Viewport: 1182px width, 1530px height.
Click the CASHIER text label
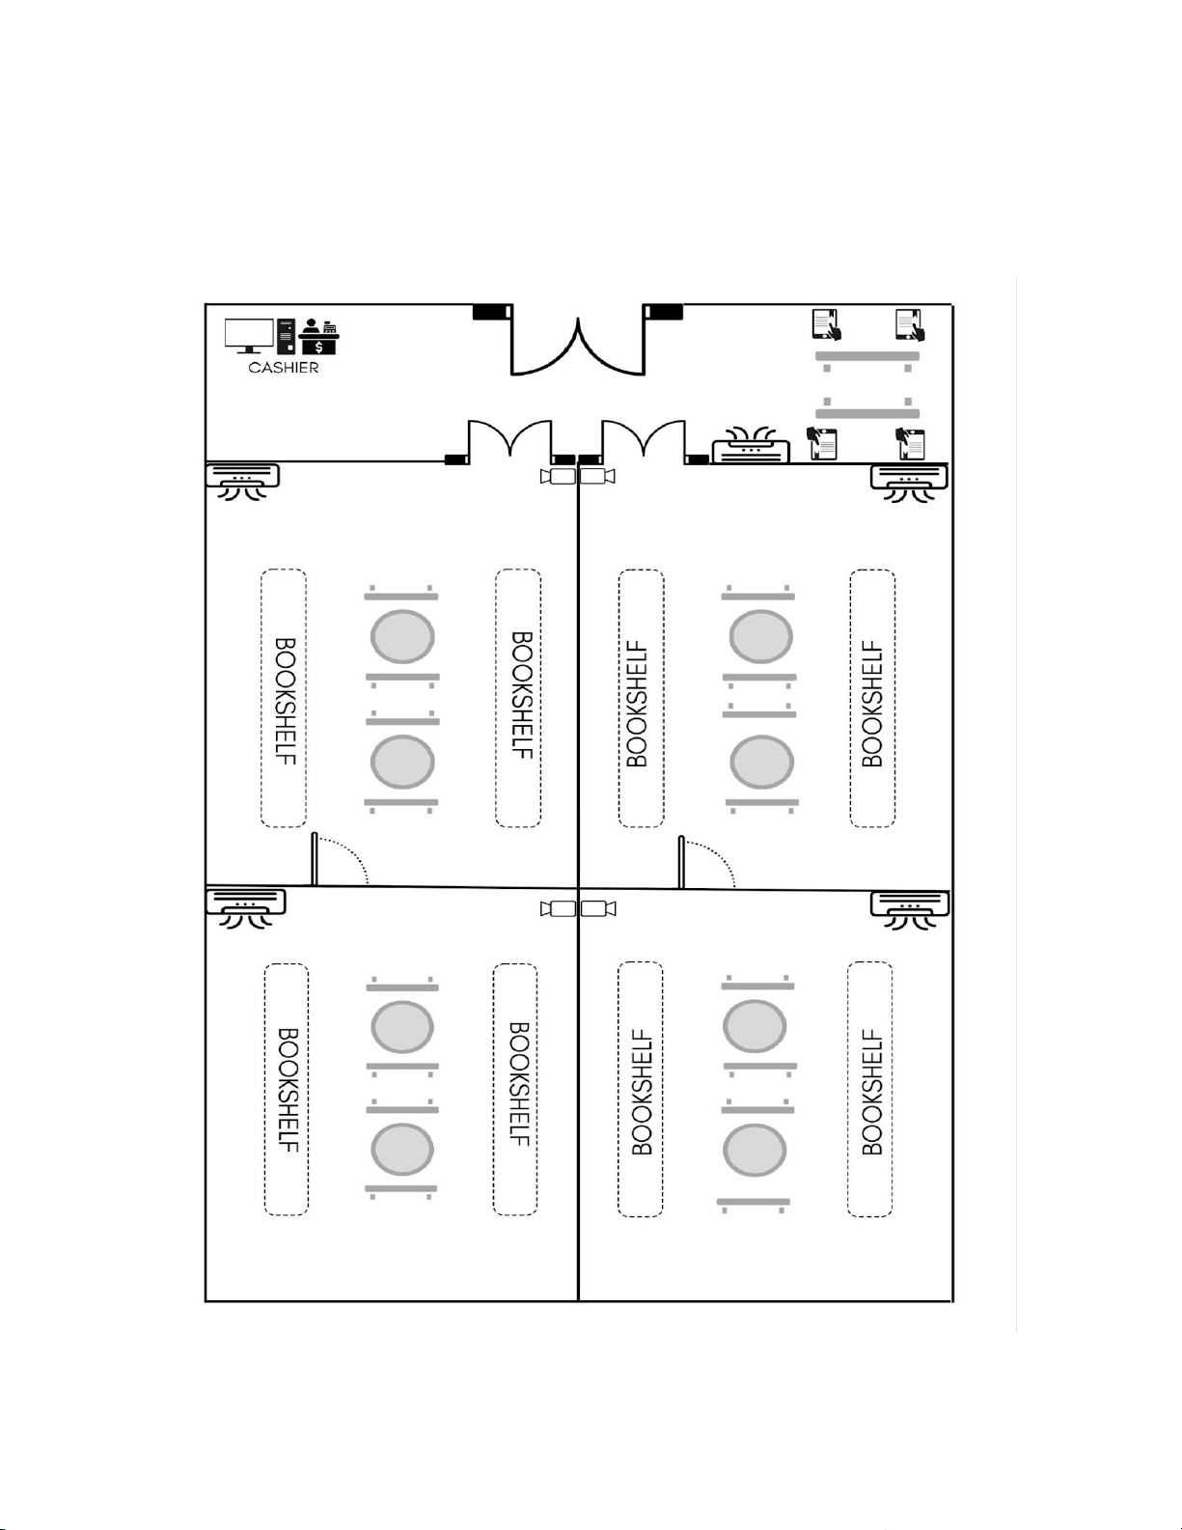[x=283, y=368]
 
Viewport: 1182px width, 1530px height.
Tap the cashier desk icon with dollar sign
[x=319, y=338]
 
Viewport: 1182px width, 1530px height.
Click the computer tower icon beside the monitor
[x=286, y=337]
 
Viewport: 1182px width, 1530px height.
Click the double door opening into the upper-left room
[x=510, y=442]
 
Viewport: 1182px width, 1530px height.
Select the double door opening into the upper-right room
[x=644, y=442]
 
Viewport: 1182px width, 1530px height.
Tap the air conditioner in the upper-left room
[x=242, y=480]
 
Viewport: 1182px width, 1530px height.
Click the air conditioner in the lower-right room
[x=909, y=908]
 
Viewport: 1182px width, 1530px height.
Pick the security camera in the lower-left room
[x=558, y=908]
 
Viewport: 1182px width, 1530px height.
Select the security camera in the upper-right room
[x=597, y=476]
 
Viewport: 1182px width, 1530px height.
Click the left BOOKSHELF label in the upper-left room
[x=285, y=699]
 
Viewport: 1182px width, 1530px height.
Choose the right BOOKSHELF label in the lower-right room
[x=871, y=1091]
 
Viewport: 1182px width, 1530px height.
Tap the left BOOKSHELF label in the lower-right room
[x=641, y=1091]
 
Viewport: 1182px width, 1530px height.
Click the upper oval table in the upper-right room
[x=761, y=637]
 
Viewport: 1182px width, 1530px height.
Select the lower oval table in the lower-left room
[x=402, y=1148]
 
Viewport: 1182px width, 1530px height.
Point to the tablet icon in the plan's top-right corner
[x=910, y=324]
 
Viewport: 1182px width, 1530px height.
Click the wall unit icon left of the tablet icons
[x=750, y=448]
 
